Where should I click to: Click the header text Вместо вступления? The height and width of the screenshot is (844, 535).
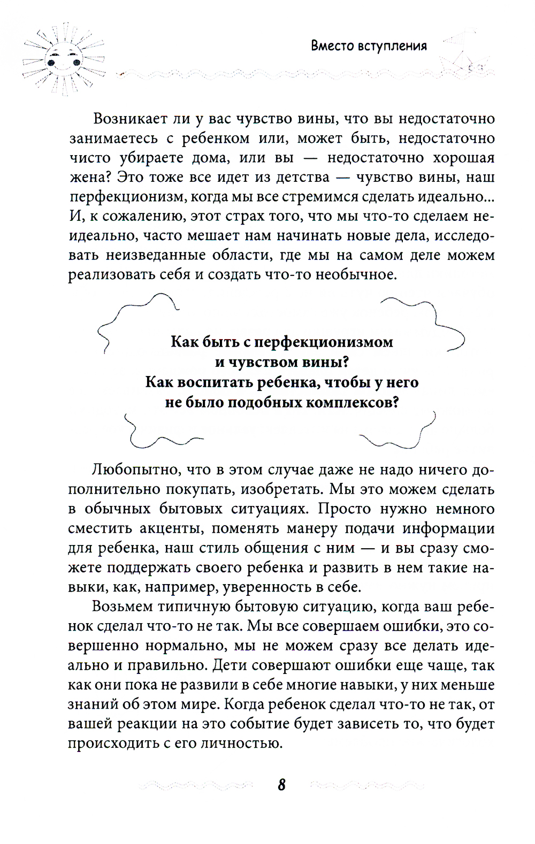pos(369,46)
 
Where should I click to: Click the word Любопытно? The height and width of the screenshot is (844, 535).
pos(131,470)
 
